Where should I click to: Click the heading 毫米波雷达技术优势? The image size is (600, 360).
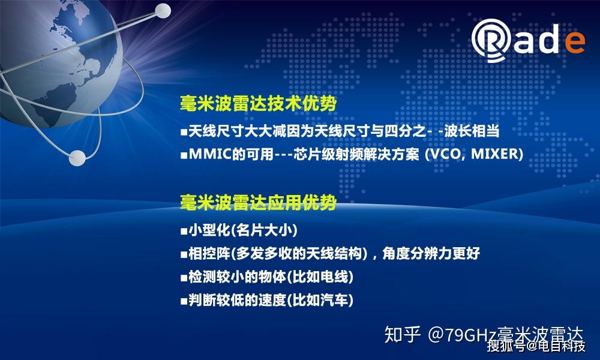pos(258,104)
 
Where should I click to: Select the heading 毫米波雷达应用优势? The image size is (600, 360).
pos(258,202)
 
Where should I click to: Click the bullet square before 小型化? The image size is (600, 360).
pos(184,231)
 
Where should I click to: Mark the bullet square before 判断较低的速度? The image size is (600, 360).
pos(184,301)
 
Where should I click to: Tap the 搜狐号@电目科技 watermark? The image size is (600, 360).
pos(536,347)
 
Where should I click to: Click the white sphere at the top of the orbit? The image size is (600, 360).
pos(163,11)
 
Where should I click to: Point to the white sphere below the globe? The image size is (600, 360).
pos(77,157)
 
